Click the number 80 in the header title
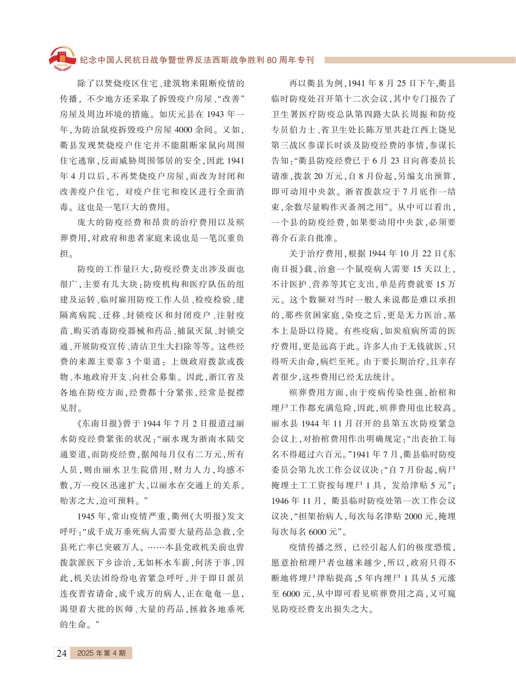(x=272, y=60)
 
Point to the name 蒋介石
(x=284, y=238)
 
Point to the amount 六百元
(x=323, y=454)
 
